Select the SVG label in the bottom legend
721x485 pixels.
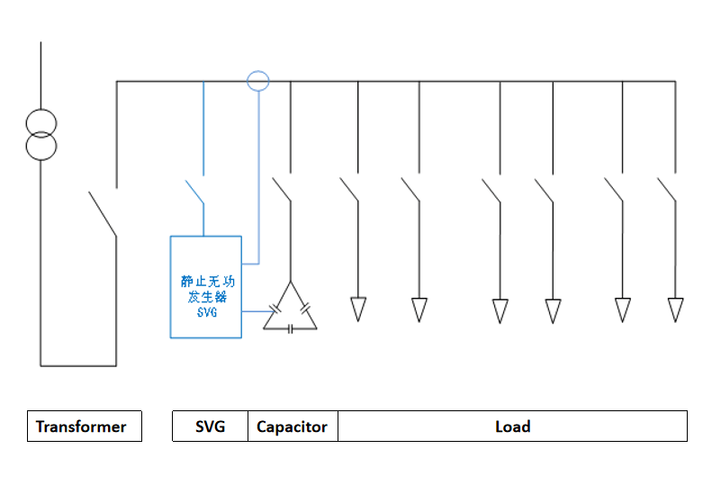click(210, 427)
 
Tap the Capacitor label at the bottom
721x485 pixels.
click(293, 427)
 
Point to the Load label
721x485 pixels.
click(512, 427)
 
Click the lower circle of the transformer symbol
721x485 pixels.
click(41, 144)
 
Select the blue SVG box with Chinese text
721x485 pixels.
click(206, 286)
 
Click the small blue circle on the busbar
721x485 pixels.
click(258, 81)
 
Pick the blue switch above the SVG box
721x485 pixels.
click(194, 191)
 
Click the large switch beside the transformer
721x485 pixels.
click(102, 212)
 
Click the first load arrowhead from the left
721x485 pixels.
click(358, 309)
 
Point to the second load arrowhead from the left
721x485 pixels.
click(419, 309)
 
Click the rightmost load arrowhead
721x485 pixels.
click(675, 310)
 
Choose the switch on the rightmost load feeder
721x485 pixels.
click(667, 188)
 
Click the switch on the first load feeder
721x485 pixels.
click(349, 188)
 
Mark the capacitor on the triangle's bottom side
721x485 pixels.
click(290, 329)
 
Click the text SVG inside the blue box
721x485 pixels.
click(206, 312)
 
